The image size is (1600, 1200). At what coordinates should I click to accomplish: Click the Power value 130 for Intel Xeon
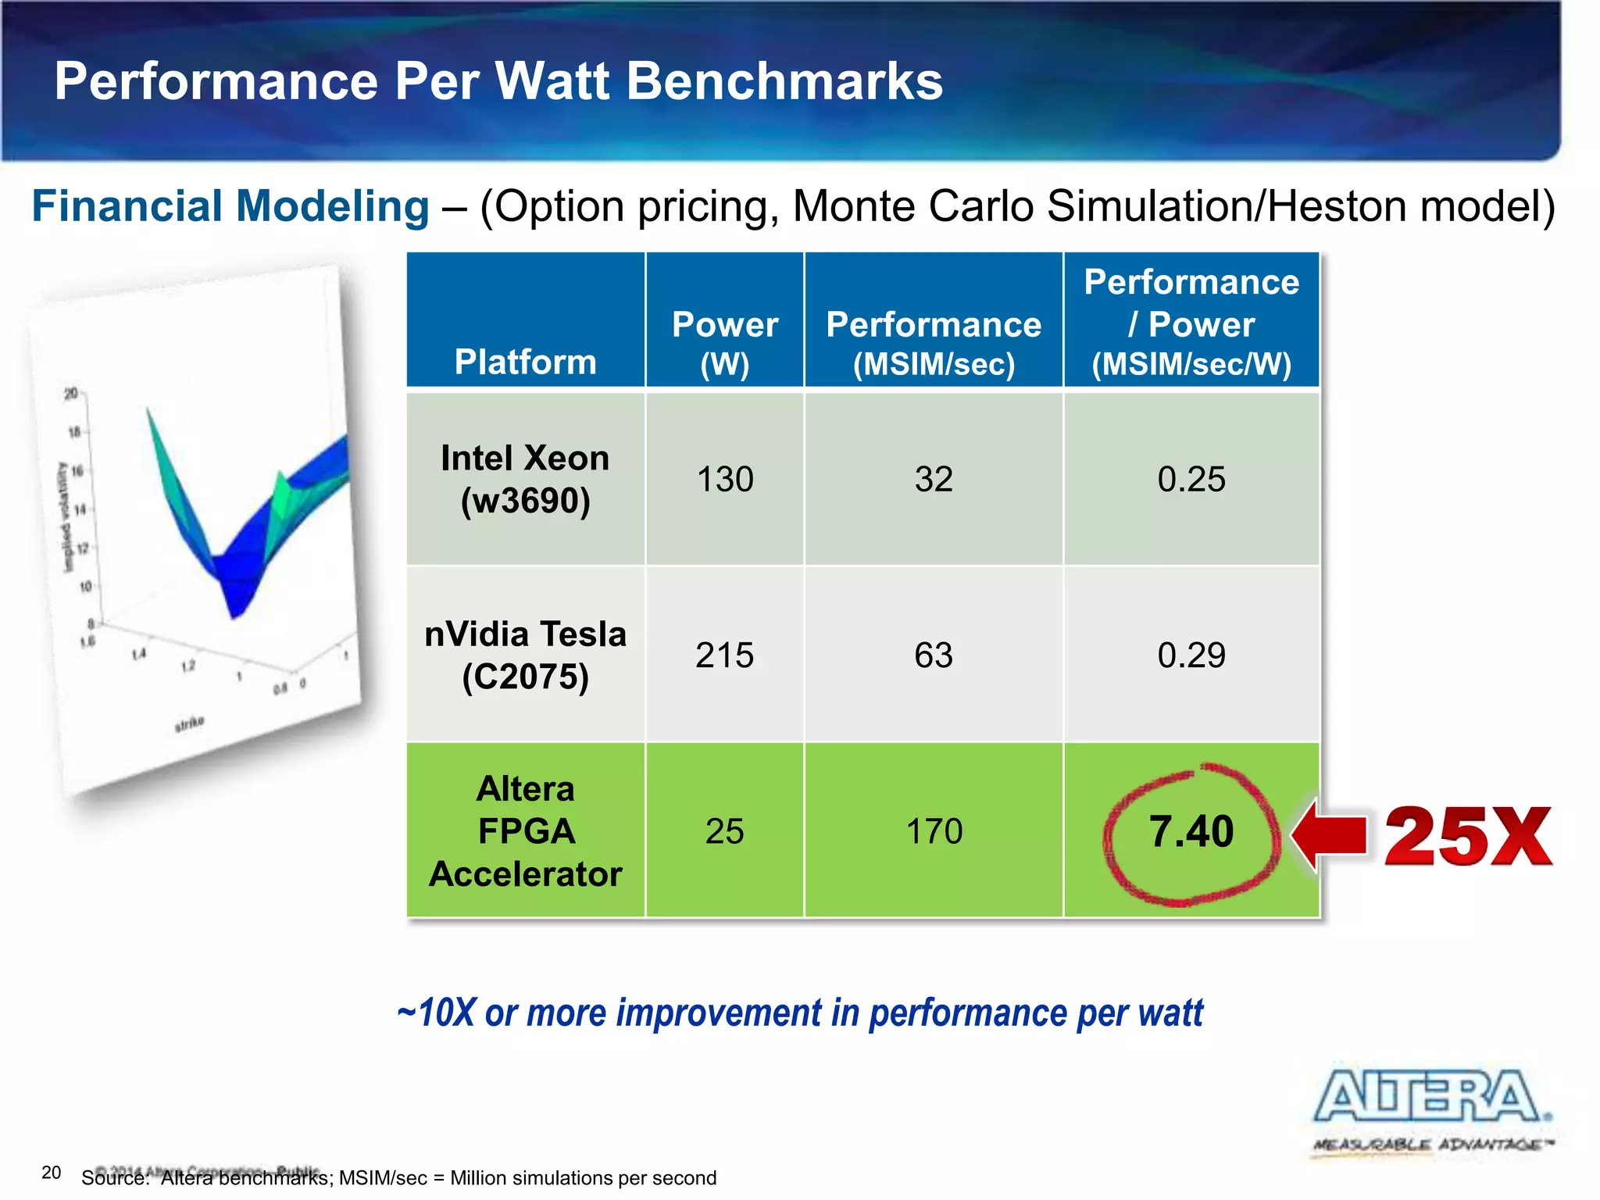pos(724,479)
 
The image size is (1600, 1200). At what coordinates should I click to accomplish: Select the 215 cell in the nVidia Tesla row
pos(724,655)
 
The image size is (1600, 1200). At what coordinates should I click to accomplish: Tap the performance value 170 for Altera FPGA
pos(934,830)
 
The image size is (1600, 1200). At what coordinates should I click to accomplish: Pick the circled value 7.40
pos(1191,831)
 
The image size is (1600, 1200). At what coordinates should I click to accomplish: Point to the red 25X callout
pos(1468,837)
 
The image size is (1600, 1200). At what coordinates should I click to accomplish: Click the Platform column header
pos(525,362)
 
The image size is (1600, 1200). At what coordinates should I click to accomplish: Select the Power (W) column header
pos(724,343)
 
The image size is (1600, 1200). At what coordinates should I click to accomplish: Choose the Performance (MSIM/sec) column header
pos(934,343)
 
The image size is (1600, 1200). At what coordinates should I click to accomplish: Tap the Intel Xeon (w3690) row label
pos(525,479)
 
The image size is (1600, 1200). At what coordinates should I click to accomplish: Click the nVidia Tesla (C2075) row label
pos(525,655)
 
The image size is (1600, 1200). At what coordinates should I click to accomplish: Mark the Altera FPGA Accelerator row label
pos(525,830)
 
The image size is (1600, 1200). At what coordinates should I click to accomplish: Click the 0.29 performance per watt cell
pos(1191,655)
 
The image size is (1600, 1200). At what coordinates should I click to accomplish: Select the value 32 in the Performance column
pos(934,479)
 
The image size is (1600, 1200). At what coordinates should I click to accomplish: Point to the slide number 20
pos(51,1172)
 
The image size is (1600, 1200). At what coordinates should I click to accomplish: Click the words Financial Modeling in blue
pos(230,206)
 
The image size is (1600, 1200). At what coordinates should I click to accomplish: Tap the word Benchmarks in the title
pos(784,81)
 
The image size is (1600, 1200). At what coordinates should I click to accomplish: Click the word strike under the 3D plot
pos(189,723)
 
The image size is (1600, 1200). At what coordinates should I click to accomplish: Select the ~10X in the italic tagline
pos(436,1012)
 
